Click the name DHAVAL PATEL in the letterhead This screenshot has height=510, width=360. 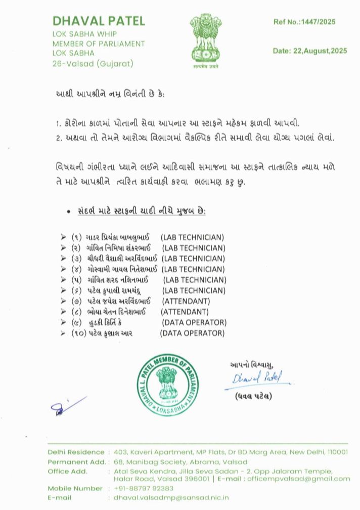click(x=99, y=21)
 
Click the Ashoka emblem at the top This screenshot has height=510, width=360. click(x=205, y=40)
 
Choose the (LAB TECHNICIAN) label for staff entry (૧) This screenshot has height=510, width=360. click(x=192, y=237)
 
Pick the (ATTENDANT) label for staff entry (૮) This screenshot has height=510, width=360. click(x=185, y=312)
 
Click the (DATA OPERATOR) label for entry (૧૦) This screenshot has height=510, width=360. click(x=192, y=333)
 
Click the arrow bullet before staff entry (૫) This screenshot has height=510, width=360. click(x=63, y=280)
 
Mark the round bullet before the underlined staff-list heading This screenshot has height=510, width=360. click(x=68, y=211)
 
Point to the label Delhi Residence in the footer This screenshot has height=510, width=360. click(x=76, y=451)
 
